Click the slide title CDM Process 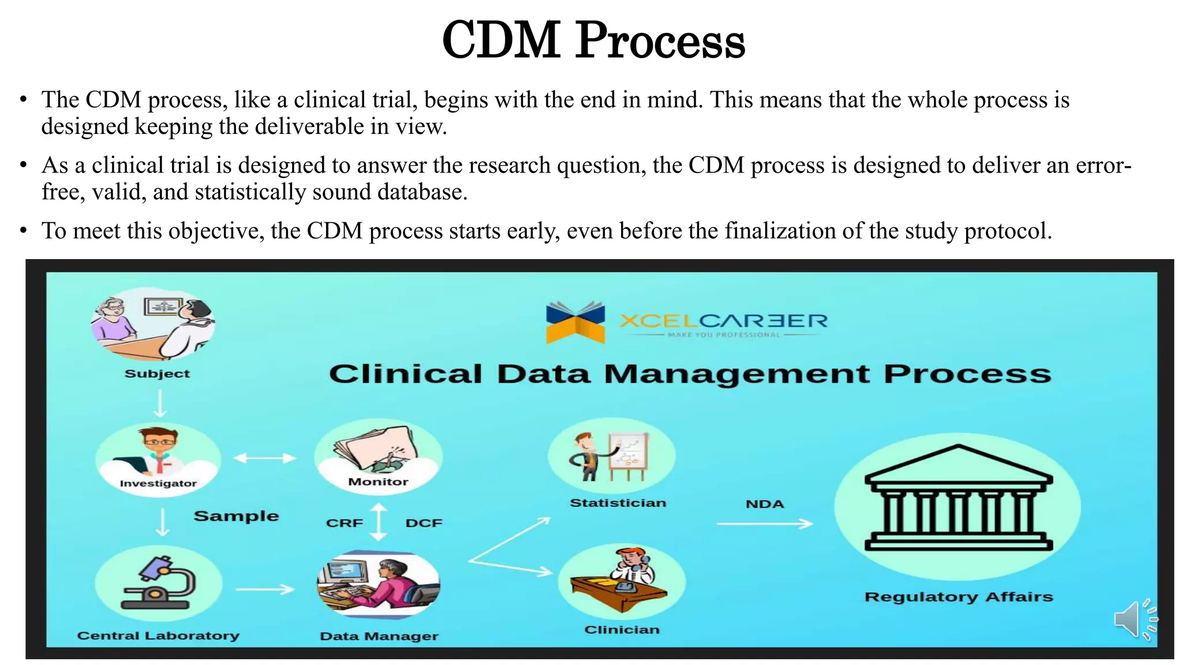coord(593,40)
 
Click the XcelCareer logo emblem coord(575,322)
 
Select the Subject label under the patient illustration coord(157,373)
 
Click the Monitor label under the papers coord(378,481)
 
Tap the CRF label coord(345,523)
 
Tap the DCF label coord(424,523)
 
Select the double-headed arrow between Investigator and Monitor coord(264,458)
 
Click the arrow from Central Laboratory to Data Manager coord(265,589)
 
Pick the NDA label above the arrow coord(765,504)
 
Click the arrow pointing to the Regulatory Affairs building coord(764,524)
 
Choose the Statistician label coord(618,503)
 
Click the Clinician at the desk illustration coord(622,580)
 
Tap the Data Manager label coord(379,636)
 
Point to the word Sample coord(236,515)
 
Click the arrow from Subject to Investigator coord(160,403)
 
